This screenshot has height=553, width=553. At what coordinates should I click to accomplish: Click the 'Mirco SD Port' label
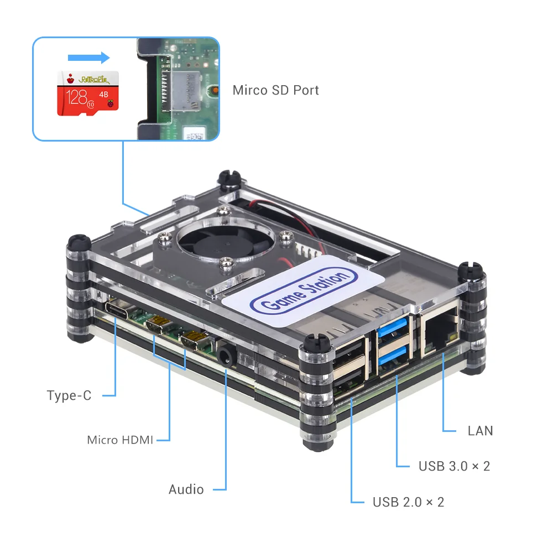(275, 90)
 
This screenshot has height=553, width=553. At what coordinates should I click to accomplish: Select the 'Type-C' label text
(69, 395)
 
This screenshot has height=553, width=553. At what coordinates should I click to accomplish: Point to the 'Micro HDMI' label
(120, 440)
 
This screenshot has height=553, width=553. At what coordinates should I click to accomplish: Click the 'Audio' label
(186, 489)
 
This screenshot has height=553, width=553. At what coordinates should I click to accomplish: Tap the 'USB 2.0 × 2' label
(408, 502)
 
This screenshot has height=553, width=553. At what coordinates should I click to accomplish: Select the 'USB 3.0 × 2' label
(454, 466)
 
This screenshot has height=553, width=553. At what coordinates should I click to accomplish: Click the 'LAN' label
(480, 431)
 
